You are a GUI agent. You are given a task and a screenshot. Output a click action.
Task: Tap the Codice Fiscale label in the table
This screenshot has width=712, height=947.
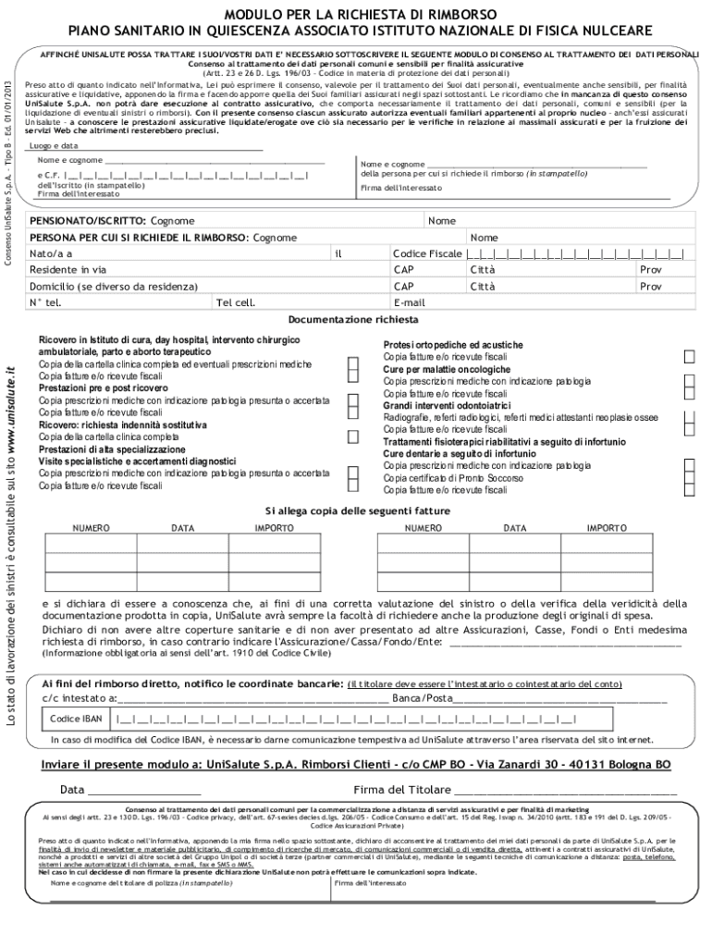point(426,253)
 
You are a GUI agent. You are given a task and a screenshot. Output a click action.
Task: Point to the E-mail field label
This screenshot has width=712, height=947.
point(409,302)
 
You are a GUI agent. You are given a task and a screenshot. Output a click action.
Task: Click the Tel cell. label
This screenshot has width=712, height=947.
point(235,302)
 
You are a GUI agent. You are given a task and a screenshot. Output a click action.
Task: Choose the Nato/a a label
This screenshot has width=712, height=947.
point(51,253)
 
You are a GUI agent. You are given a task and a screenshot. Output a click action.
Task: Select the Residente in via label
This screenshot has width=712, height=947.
point(68,270)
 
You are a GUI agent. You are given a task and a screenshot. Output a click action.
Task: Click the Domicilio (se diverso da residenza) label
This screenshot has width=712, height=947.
point(113,287)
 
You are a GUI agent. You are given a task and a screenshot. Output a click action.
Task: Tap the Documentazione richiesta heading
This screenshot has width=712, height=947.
point(352,319)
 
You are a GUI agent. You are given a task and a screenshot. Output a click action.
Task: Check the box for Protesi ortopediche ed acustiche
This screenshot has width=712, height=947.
point(689,357)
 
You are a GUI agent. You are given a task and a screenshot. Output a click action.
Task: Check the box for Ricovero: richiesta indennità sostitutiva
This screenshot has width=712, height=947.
point(353,437)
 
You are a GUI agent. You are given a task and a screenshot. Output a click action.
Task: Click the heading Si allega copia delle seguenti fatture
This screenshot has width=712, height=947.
point(358,510)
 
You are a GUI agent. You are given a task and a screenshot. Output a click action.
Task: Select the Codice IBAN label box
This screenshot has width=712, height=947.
point(76,719)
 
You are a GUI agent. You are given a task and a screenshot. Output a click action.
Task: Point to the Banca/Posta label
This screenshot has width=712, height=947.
point(422,697)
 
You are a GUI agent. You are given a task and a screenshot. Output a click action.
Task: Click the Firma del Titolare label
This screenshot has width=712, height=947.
point(401,790)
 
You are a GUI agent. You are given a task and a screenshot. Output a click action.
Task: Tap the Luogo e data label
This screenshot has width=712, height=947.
point(54,146)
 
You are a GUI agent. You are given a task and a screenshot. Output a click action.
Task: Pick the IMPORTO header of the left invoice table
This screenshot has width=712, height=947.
point(274,528)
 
